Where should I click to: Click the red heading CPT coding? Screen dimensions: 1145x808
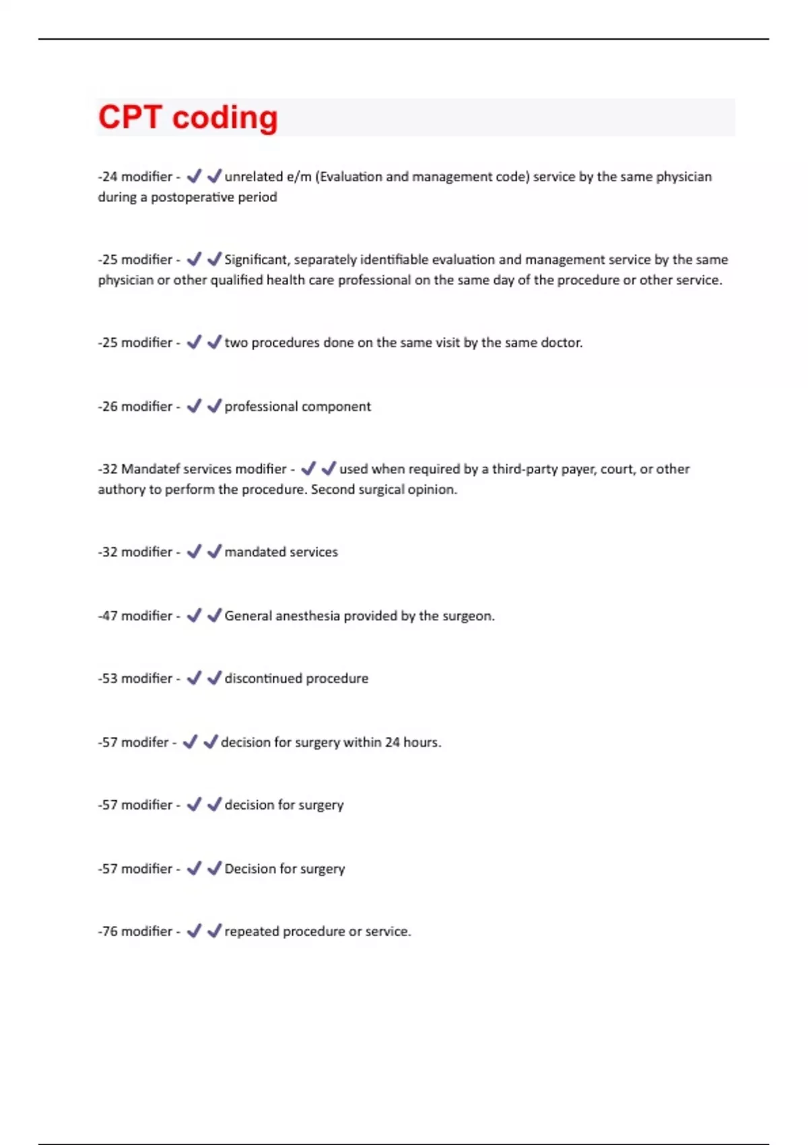click(x=188, y=117)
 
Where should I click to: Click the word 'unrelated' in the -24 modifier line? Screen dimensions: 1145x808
click(x=253, y=176)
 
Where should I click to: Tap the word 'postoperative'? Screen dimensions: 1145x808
click(x=193, y=197)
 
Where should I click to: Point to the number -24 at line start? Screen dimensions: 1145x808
click(x=108, y=176)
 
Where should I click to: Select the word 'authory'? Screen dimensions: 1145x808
click(x=121, y=490)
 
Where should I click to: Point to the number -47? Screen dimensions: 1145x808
click(x=108, y=616)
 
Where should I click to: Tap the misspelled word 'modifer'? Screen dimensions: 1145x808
click(x=145, y=742)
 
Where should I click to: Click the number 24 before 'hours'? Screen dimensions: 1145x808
click(x=392, y=742)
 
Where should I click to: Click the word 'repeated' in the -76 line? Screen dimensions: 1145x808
click(x=251, y=931)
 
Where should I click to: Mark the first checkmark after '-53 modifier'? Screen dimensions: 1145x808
click(x=194, y=678)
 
